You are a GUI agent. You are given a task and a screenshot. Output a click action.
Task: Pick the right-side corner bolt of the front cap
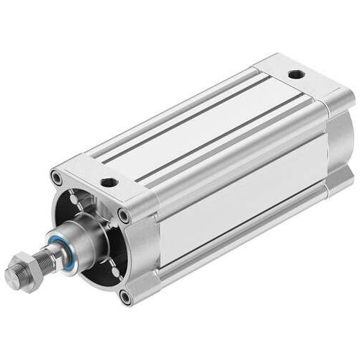pyautogui.click(x=125, y=215)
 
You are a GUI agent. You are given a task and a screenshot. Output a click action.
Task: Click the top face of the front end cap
pyautogui.click(x=108, y=173)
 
